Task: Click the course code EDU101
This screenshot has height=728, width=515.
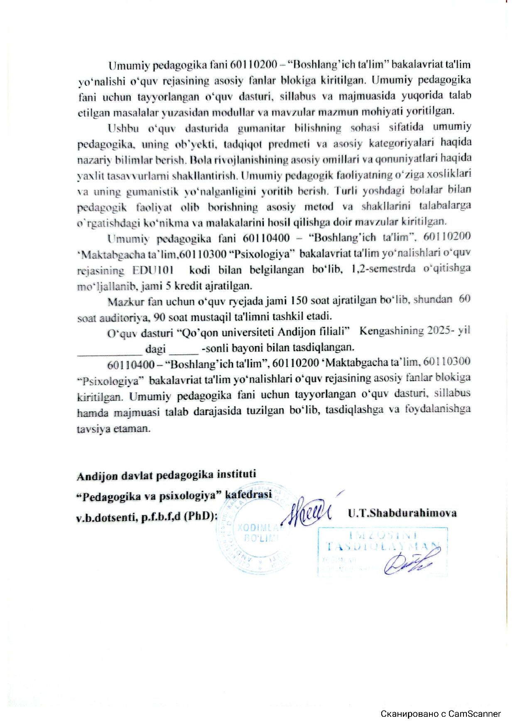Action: click(153, 270)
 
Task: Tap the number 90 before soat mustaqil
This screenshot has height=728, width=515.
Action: click(159, 318)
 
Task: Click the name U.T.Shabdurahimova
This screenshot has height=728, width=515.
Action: click(402, 513)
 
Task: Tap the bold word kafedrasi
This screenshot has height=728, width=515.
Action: click(248, 494)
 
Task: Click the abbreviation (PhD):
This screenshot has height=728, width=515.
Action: click(201, 516)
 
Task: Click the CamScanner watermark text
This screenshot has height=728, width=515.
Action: click(440, 714)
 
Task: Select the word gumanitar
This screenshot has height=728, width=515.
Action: click(261, 129)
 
